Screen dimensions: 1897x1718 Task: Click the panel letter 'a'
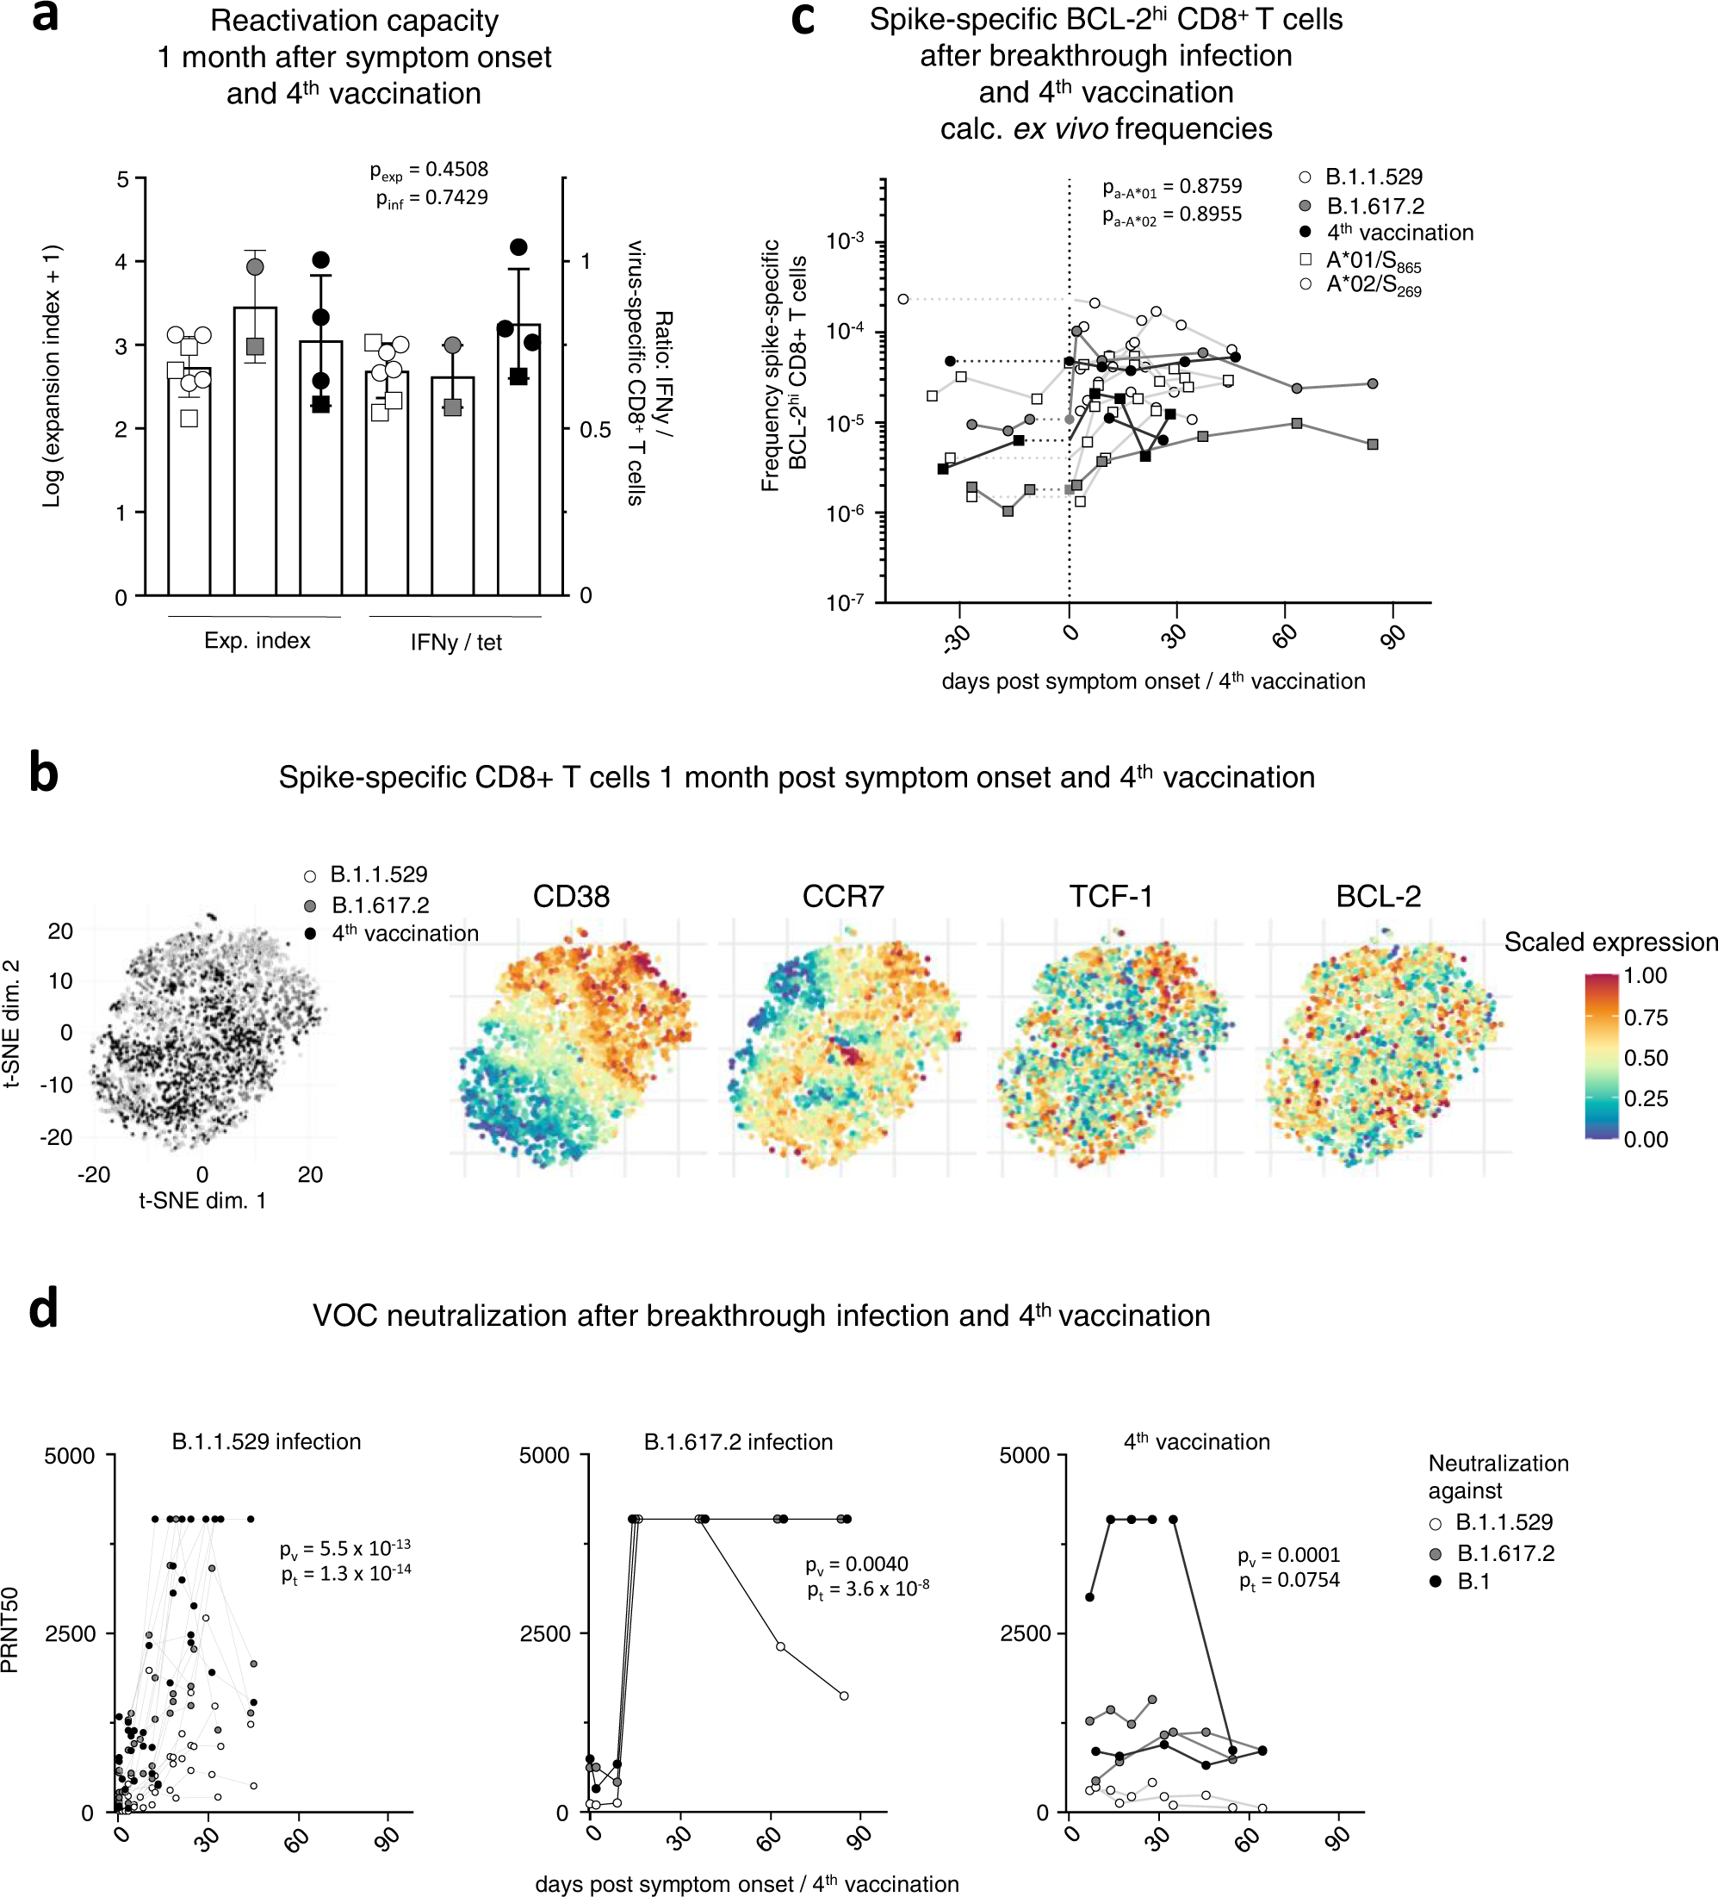coord(44,17)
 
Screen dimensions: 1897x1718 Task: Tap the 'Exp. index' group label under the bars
coord(257,641)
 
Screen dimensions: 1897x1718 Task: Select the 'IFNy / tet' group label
coord(456,643)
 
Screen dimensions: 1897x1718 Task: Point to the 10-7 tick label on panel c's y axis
coord(844,603)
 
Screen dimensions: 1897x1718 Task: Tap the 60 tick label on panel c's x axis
coord(1285,636)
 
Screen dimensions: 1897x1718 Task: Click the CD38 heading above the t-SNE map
coord(571,896)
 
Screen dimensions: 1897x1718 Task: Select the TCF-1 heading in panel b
coord(1110,896)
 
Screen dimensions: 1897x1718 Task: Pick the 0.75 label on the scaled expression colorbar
coord(1646,1017)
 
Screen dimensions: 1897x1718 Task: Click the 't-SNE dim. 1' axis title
coord(202,1201)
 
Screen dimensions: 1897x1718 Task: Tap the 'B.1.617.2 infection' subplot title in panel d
coord(738,1442)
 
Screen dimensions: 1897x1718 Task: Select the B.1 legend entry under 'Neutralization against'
coord(1473,1582)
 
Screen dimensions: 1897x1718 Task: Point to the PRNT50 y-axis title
coord(10,1630)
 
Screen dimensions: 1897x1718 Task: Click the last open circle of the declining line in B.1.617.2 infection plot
coord(844,1695)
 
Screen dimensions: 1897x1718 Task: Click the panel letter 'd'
coord(43,1309)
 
